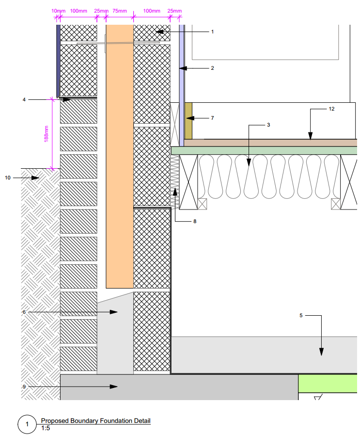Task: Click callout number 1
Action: tap(212, 32)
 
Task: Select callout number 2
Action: tap(212, 68)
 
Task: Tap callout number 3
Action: tap(268, 125)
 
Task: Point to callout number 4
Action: tap(24, 99)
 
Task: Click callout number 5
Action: tap(301, 316)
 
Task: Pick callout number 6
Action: tap(24, 312)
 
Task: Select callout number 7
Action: tap(212, 118)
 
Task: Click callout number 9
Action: tap(24, 387)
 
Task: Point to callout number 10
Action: tap(8, 178)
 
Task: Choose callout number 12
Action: tap(331, 109)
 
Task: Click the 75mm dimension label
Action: tap(120, 11)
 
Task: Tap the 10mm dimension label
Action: tap(57, 11)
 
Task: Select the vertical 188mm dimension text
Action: tap(47, 134)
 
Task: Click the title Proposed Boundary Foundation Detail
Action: tap(95, 420)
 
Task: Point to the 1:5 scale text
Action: tap(46, 428)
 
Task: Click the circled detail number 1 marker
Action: tap(27, 425)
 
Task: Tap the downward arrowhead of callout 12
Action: tap(311, 137)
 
